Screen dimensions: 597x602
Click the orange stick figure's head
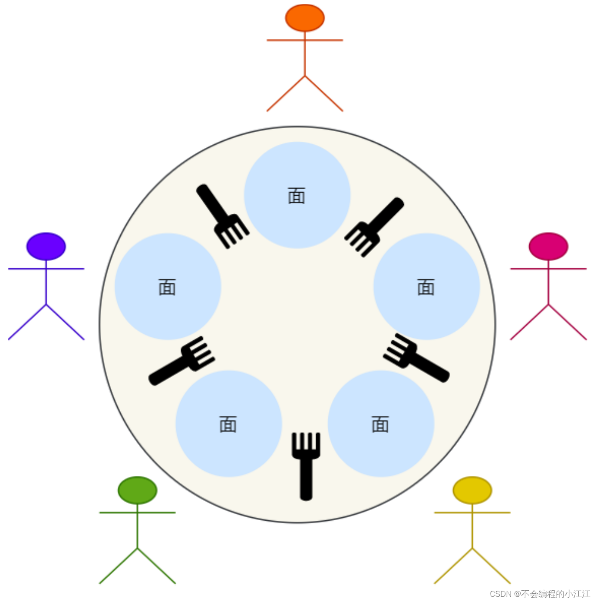coord(305,18)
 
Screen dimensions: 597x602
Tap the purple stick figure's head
coord(46,246)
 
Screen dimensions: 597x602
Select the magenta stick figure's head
coord(548,246)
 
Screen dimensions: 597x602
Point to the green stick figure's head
coord(137,490)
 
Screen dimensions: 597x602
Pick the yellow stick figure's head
coord(472,490)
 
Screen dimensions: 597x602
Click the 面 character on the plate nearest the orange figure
coord(297,196)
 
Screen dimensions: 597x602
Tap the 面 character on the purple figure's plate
coord(167,287)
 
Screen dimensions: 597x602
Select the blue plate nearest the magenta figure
coord(427,286)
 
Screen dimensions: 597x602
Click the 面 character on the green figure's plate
coord(228,424)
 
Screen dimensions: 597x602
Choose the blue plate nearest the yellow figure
coord(381,424)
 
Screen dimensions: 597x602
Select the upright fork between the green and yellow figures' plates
coord(306,465)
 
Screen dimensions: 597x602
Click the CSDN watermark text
coord(540,594)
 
